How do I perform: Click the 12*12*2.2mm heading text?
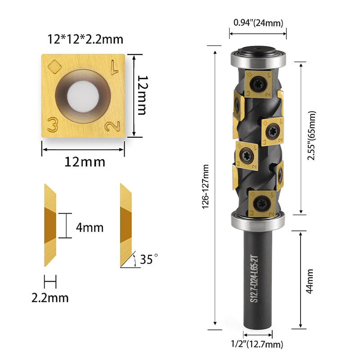(85, 39)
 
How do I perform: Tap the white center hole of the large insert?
(83, 96)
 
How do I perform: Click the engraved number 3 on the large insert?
(52, 125)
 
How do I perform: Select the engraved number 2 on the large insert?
(112, 126)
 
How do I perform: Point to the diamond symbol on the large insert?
(54, 67)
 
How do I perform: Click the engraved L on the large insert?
(115, 67)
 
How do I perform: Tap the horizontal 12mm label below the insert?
(85, 162)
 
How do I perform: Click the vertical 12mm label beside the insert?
(143, 95)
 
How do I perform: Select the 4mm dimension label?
(90, 228)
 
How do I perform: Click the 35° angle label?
(149, 259)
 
